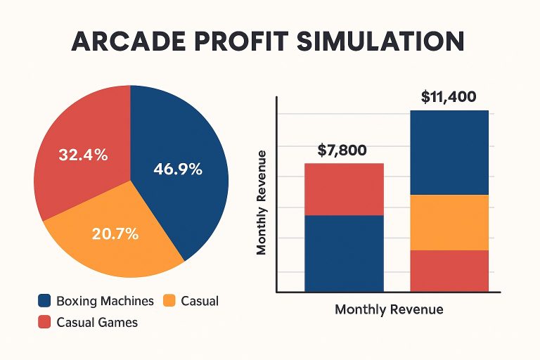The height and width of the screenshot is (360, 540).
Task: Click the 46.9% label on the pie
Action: pos(177,169)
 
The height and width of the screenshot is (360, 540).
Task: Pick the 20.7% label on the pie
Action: pos(115,233)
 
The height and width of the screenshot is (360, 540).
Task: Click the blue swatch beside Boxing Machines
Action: pos(44,301)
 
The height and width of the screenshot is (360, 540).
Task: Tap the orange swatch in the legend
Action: pos(169,301)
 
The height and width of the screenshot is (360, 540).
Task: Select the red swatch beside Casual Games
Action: pos(44,323)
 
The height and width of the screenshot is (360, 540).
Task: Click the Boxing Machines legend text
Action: pos(106,301)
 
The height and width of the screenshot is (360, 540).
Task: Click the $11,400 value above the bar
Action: pos(449,98)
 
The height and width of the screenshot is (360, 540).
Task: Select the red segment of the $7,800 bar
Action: pos(344,189)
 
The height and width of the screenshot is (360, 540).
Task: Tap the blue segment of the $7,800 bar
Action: pos(344,252)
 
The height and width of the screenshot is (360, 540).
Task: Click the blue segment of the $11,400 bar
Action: pos(449,152)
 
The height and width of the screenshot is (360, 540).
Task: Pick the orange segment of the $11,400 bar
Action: pos(449,222)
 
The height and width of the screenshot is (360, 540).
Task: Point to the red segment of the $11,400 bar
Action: pos(449,270)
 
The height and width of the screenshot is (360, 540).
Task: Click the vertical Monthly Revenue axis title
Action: pos(262,202)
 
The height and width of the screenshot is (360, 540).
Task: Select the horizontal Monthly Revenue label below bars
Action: pos(389,309)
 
